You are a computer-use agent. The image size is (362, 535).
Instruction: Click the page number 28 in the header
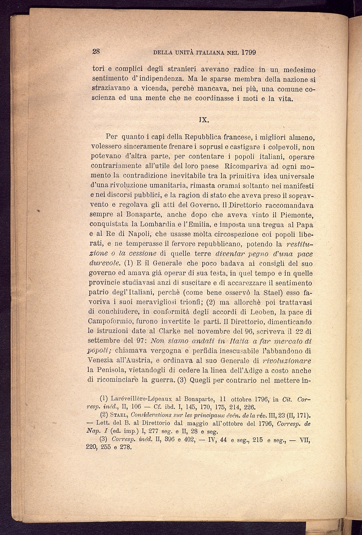point(96,52)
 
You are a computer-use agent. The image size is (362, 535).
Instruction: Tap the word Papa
point(305,225)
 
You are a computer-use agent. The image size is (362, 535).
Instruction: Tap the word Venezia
point(103,361)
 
